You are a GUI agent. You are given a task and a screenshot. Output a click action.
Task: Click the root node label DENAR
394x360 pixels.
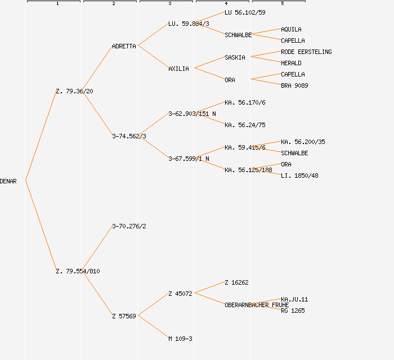[x=8, y=181]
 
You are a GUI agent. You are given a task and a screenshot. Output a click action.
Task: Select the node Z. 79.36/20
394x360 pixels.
[x=74, y=91]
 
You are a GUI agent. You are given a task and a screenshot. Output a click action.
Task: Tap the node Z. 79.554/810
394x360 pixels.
[x=78, y=271]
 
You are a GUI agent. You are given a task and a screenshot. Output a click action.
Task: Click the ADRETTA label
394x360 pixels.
[x=124, y=46]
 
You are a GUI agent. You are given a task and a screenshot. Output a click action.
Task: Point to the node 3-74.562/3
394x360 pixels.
[x=129, y=136]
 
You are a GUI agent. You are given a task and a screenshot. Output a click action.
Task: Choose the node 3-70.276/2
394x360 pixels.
[x=129, y=226]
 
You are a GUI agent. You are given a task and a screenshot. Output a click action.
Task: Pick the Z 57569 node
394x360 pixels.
[x=124, y=316]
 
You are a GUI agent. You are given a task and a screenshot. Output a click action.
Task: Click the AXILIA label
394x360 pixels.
[x=178, y=69]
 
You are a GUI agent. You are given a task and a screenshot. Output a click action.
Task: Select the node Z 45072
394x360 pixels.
[x=180, y=294]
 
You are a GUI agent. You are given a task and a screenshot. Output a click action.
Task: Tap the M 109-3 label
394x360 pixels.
[x=180, y=339]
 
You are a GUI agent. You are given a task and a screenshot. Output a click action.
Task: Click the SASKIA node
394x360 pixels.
[x=235, y=57]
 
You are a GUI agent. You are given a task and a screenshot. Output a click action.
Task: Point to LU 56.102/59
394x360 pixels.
[x=245, y=12]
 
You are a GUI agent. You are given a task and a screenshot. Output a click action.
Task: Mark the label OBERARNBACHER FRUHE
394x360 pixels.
[x=256, y=305]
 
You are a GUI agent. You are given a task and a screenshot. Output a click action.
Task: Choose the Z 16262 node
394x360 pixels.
[x=236, y=282]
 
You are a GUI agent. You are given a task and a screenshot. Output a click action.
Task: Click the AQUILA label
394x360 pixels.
[x=291, y=29]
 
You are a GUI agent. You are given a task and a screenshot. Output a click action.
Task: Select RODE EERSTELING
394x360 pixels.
[x=306, y=52]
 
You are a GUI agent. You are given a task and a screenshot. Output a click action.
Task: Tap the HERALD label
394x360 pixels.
[x=291, y=63]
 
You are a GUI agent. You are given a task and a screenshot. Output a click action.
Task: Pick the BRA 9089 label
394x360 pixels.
[x=294, y=85]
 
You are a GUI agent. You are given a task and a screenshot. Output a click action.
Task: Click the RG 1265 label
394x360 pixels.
[x=293, y=310]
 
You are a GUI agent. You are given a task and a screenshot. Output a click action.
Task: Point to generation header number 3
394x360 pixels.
[x=169, y=4]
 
